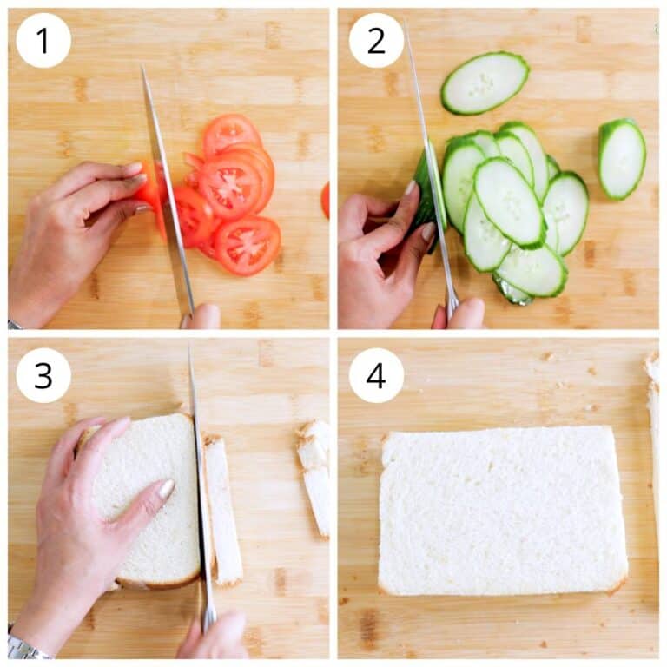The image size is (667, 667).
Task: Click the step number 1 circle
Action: click(43, 40)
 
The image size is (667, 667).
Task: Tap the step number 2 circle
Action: click(376, 40)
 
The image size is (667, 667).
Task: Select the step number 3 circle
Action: click(43, 375)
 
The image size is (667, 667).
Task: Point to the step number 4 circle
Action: click(376, 375)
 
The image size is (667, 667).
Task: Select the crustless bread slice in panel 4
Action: click(502, 511)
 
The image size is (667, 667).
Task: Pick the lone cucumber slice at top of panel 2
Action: click(485, 83)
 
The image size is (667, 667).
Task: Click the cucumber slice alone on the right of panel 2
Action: click(622, 159)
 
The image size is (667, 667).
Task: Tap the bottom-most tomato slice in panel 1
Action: click(248, 245)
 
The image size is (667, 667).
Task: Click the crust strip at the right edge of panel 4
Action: click(652, 434)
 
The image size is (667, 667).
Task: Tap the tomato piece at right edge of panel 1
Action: click(325, 200)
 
